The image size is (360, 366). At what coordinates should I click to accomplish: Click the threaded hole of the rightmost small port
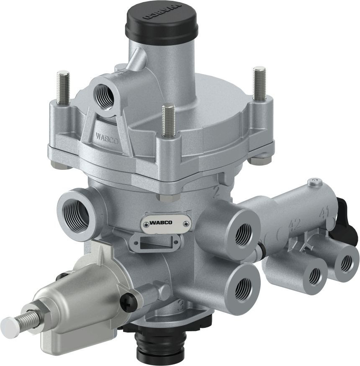click(346, 264)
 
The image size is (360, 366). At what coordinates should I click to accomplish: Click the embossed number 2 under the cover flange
click(217, 192)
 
